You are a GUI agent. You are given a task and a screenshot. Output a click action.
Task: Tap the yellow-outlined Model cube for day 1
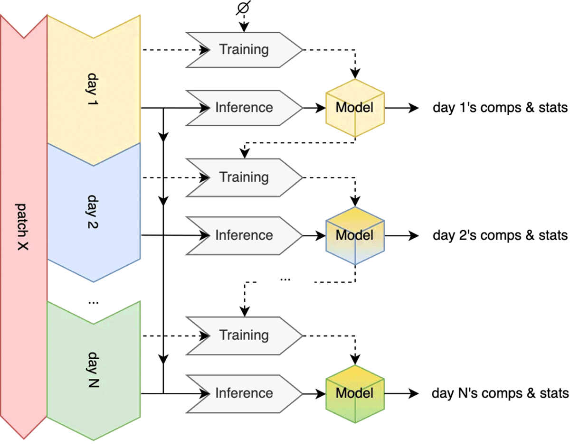click(x=354, y=108)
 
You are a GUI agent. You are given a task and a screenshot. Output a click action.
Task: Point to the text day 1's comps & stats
click(x=500, y=108)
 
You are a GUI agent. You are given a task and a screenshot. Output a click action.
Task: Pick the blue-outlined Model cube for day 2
click(x=354, y=235)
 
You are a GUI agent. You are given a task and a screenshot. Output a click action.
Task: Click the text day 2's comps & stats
click(x=500, y=235)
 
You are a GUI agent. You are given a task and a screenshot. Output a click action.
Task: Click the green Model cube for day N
click(x=354, y=393)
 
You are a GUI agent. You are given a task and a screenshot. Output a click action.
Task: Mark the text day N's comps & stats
click(x=500, y=393)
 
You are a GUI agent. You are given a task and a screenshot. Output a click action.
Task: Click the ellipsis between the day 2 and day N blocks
click(x=93, y=302)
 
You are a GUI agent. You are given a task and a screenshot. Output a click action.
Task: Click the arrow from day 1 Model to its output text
click(x=402, y=108)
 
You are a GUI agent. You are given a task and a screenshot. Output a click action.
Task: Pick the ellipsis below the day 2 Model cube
click(x=285, y=279)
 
